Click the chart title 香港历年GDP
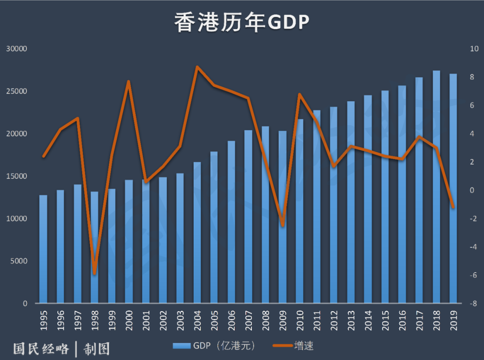click(x=242, y=22)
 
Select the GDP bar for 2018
click(x=436, y=188)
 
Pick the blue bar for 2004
click(x=197, y=233)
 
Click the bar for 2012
click(x=333, y=206)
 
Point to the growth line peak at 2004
click(x=197, y=67)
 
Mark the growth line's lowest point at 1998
click(x=95, y=273)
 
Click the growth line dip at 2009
click(x=282, y=225)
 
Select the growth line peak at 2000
click(x=129, y=82)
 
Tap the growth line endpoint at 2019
click(x=453, y=207)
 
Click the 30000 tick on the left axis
click(x=17, y=49)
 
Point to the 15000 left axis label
click(x=17, y=176)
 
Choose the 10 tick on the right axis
click(x=474, y=49)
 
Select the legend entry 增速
click(x=303, y=346)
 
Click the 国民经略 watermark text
click(x=41, y=348)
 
